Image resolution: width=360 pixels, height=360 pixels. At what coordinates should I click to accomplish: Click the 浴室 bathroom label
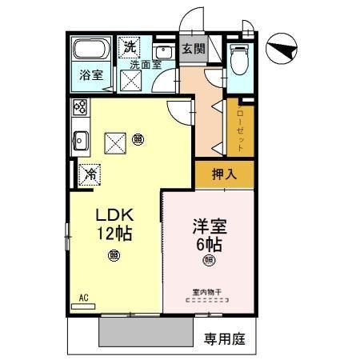pos(90,76)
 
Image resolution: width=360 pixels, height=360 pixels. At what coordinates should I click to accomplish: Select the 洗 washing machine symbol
pos(130,46)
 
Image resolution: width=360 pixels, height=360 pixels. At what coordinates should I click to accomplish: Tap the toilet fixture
pos(239,57)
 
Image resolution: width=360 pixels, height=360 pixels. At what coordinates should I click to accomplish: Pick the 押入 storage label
pos(222,174)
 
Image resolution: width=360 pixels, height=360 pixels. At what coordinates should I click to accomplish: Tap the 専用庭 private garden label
pos(224,338)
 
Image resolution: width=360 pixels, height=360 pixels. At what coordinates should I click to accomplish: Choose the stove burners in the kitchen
pos(80,106)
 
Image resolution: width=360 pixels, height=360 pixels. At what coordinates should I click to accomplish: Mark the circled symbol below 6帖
pos(209,260)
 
